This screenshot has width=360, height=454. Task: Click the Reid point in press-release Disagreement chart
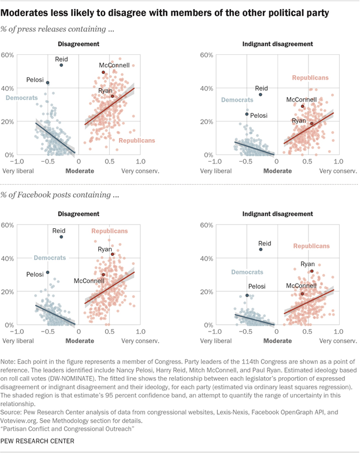61,65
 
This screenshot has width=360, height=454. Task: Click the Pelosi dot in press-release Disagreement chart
48,83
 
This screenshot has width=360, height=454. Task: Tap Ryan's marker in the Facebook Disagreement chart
113,254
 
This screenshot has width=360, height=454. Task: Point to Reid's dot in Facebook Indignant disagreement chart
261,250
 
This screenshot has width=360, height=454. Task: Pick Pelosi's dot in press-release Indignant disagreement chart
247,114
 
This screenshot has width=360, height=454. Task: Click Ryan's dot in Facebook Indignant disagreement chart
312,271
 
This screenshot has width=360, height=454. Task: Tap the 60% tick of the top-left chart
8,55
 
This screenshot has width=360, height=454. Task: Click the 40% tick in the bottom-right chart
207,258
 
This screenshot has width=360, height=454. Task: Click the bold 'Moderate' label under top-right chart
279,172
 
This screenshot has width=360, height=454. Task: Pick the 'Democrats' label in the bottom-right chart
248,271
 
